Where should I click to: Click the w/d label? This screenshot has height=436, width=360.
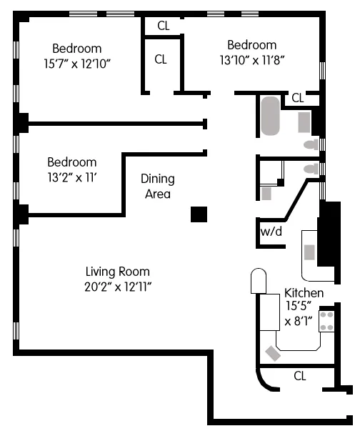coord(270,232)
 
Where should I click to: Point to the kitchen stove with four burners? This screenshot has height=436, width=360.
coord(327,319)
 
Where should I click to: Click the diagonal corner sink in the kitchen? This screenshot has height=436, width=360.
coord(272,353)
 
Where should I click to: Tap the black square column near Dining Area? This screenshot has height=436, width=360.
coord(199,214)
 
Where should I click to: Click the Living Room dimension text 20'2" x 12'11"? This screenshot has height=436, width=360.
coord(117,286)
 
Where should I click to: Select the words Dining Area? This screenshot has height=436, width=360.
coord(156,186)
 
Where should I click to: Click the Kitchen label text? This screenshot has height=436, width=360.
coord(304,293)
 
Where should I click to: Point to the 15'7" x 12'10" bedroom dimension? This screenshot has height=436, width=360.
coord(77,63)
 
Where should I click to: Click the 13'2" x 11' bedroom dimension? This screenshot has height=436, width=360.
coord(71,177)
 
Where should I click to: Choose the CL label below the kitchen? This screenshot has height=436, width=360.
coord(299,376)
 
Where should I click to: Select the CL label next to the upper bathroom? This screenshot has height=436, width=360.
coord(297,98)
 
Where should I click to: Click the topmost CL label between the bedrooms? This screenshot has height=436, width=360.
coord(163,26)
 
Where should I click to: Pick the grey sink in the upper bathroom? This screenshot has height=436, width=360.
coord(304,122)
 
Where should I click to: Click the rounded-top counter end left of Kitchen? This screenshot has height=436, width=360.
coord(258,281)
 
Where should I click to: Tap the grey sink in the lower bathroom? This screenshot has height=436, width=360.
coord(266,193)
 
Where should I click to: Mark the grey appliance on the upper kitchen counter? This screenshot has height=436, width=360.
coord(310,252)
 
